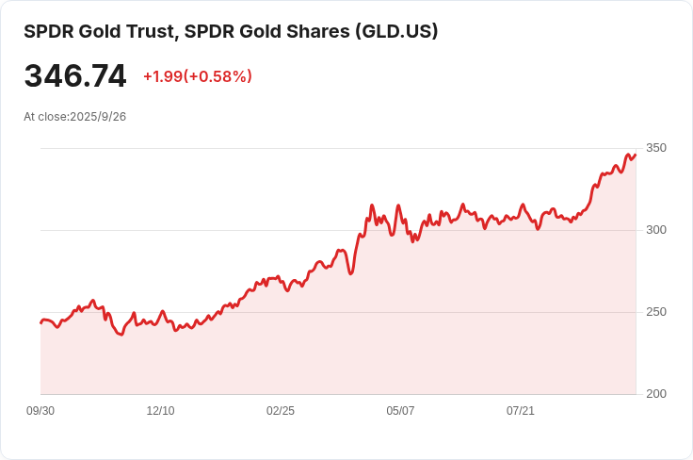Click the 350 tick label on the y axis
[656, 148]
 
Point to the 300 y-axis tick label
[656, 230]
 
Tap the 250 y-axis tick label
[656, 312]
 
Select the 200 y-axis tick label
[656, 394]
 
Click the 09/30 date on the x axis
[40, 411]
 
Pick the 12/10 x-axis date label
[160, 411]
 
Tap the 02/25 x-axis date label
[281, 411]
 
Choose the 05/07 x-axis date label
[400, 411]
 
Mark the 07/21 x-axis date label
[521, 411]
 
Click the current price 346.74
[75, 76]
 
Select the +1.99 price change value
[162, 76]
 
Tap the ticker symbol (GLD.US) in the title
[395, 31]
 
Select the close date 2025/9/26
[98, 117]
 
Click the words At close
[45, 117]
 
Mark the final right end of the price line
[636, 155]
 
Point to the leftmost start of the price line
[40, 322]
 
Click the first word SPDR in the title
[46, 31]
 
